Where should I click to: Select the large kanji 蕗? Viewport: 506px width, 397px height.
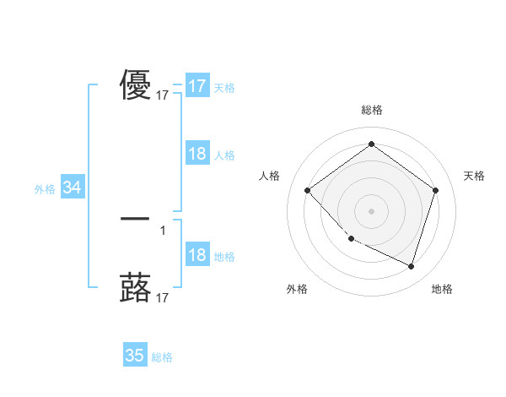pos(135,288)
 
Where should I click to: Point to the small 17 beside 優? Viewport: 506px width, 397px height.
pos(163,96)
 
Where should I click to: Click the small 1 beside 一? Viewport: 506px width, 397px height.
pos(163,230)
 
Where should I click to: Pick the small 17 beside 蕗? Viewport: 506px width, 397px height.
pos(163,298)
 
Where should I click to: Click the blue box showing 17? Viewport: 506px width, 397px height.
pos(197,86)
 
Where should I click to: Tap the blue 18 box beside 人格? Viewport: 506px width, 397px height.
pos(197,154)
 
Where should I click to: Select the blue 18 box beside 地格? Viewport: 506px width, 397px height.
pos(197,256)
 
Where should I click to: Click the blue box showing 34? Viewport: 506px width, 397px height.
pos(73,188)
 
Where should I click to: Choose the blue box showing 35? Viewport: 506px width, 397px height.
pos(135,356)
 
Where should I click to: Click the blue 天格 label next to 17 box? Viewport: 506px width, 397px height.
pos(224,87)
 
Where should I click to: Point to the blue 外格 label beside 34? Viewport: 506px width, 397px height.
pos(45,189)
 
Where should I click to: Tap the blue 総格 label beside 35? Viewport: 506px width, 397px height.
pos(162,357)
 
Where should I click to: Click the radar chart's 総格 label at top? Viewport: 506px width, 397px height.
pos(372,110)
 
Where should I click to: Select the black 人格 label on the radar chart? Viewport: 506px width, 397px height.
pos(269,176)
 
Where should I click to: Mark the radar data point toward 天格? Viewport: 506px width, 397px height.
pos(435,190)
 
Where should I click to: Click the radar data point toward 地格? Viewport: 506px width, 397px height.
pos(411,266)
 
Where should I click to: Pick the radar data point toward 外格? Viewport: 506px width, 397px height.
pos(352,239)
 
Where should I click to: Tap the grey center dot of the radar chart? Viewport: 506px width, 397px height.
pos(372,210)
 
